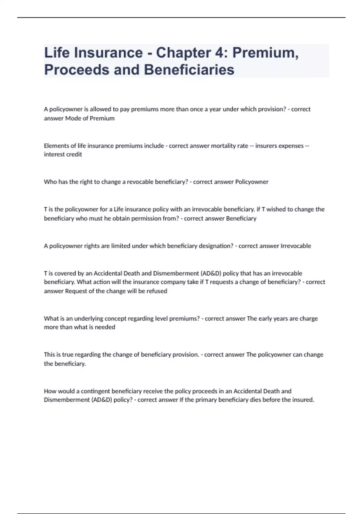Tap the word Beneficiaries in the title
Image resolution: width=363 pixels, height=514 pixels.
coord(189,70)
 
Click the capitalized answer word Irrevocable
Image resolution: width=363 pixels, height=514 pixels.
coord(296,246)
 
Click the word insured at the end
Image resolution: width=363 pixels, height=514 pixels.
coord(303,400)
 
